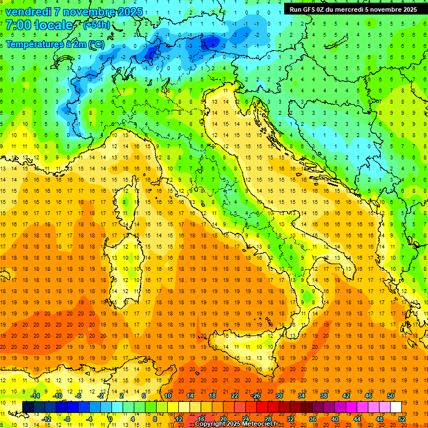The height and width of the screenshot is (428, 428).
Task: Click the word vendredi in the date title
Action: tap(28, 12)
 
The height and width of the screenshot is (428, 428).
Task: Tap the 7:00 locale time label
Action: tap(39, 26)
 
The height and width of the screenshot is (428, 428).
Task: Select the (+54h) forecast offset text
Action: tap(96, 26)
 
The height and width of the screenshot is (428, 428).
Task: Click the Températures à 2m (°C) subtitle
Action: tap(54, 43)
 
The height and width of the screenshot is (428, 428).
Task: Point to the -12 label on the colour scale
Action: tap(46, 419)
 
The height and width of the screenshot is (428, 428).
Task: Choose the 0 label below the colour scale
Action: tap(110, 419)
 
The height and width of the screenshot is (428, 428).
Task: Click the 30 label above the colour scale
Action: tap(279, 396)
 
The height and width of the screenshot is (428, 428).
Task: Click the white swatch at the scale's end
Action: tap(395, 407)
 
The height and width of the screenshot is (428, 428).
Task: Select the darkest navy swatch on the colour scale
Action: tap(28, 407)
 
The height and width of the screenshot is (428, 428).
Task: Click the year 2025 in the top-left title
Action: tap(126, 12)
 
